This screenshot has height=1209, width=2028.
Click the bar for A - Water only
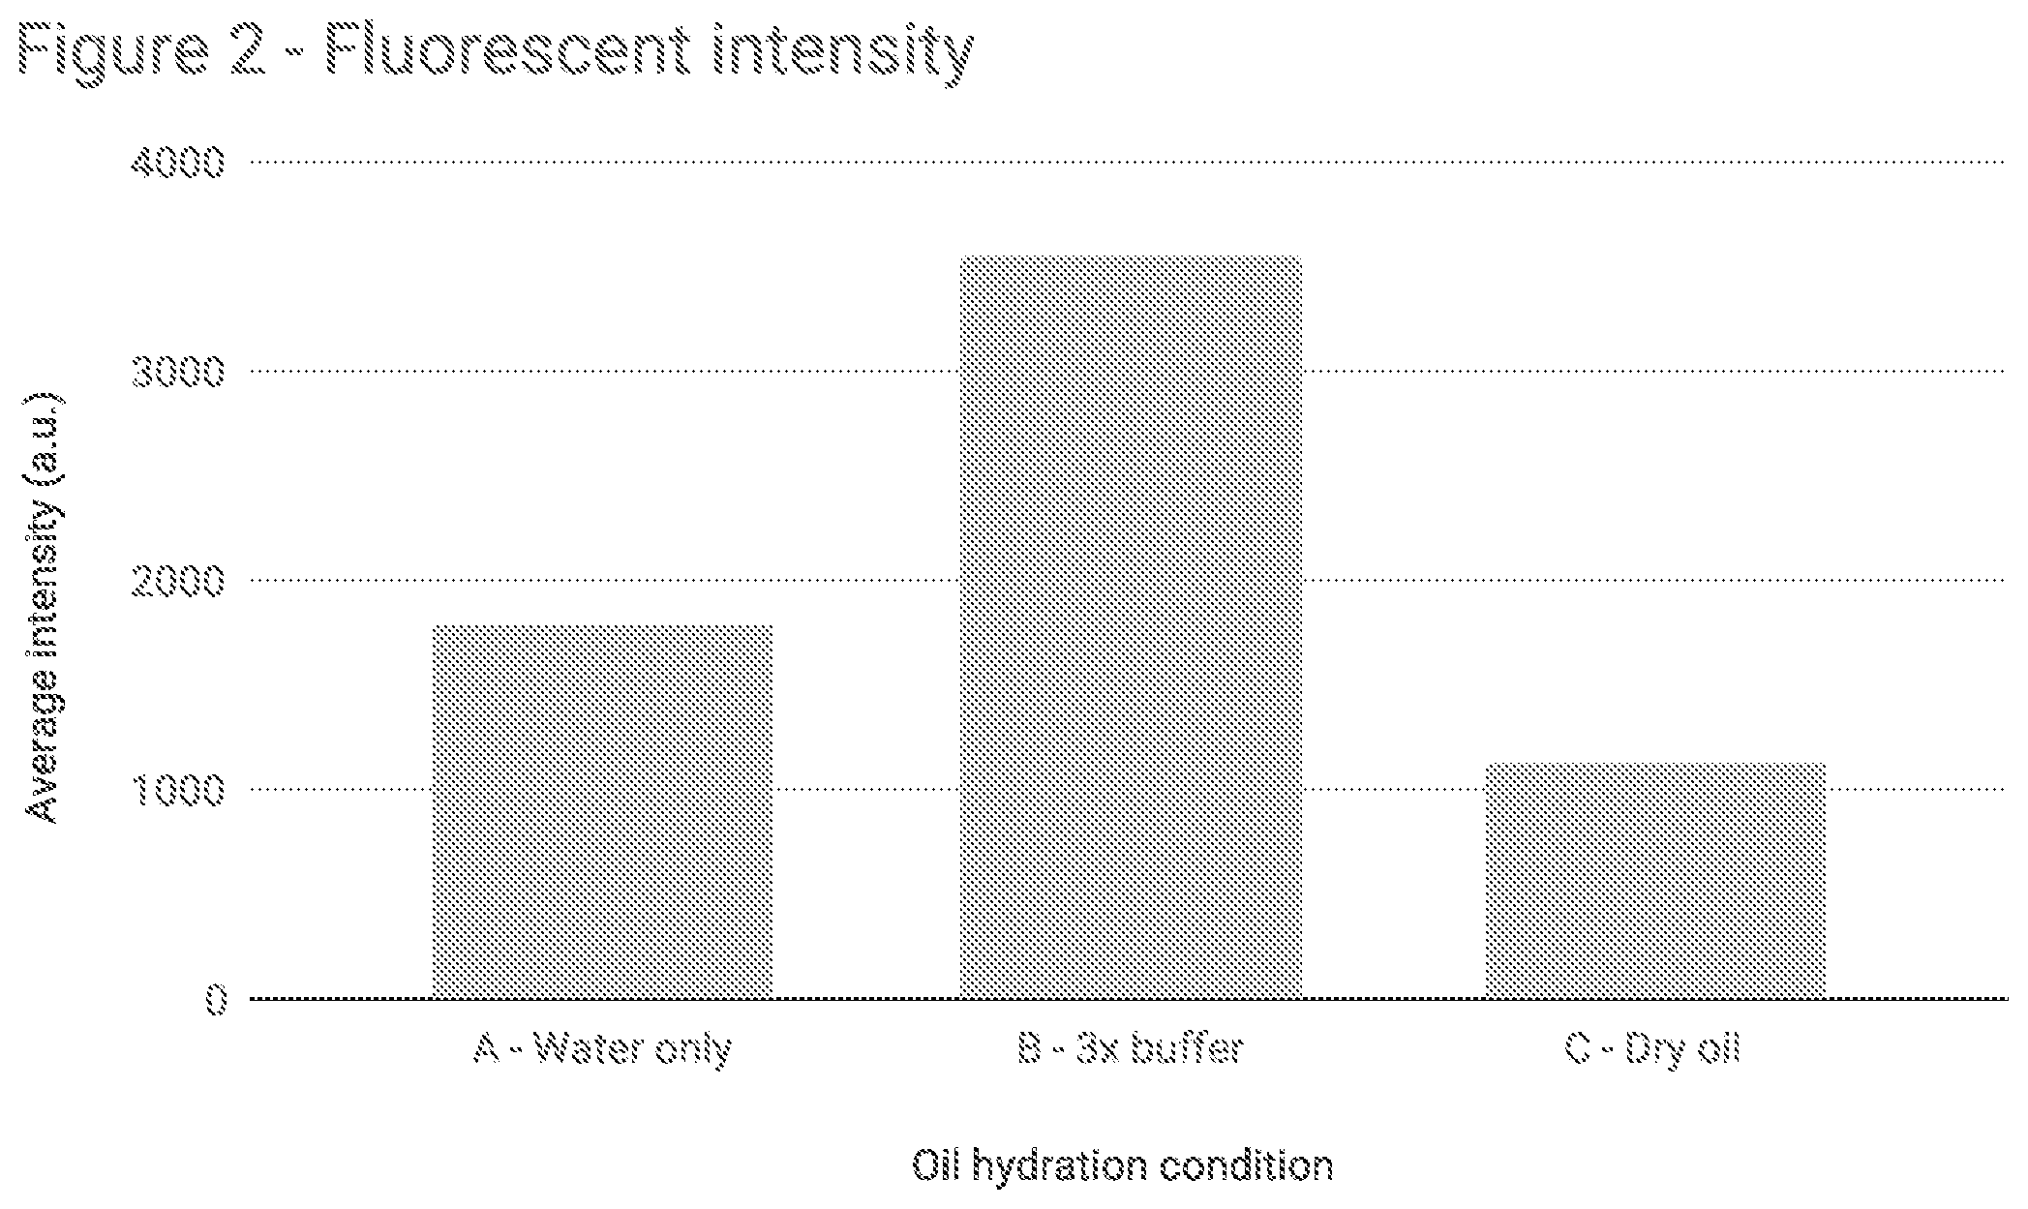[x=602, y=811]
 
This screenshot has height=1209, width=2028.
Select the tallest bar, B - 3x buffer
[x=1130, y=627]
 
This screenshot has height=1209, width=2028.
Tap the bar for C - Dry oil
[x=1655, y=881]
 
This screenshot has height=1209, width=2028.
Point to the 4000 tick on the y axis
[x=177, y=162]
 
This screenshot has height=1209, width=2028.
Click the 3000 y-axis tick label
[x=177, y=371]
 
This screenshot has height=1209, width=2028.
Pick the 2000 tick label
[x=177, y=580]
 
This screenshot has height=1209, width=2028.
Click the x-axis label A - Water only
[x=602, y=1049]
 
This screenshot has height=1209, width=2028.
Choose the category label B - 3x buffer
[x=1130, y=1048]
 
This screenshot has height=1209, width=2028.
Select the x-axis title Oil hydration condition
[x=1123, y=1165]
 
